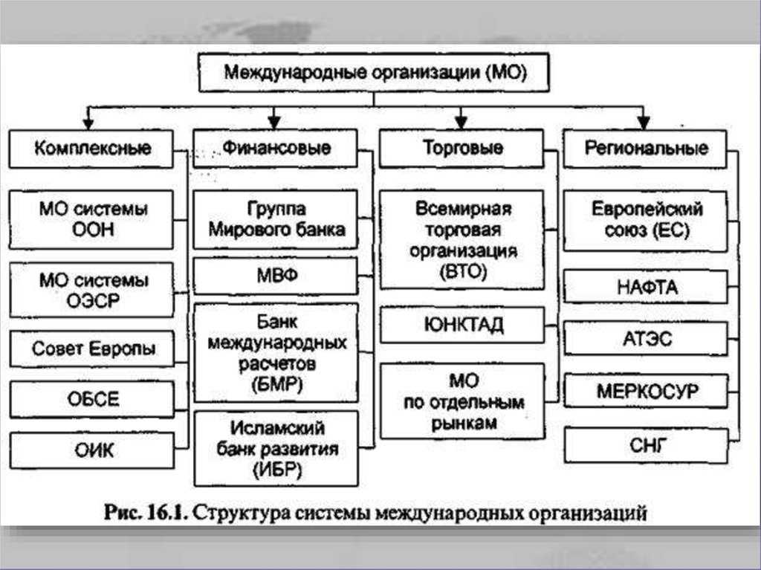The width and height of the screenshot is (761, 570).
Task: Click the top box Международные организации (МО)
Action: (x=374, y=72)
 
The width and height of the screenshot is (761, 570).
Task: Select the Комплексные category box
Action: (x=91, y=149)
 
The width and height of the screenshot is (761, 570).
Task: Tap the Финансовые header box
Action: (x=275, y=148)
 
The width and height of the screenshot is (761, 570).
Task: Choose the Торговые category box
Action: (x=461, y=148)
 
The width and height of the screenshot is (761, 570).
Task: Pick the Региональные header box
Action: (x=645, y=149)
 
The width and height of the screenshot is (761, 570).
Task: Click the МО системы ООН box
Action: (x=91, y=219)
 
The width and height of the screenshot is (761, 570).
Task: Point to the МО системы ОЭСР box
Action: (x=91, y=290)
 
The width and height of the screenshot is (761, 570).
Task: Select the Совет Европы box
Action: (x=91, y=349)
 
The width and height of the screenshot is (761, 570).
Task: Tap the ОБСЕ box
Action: (x=91, y=399)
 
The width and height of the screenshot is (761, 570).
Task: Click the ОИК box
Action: (x=91, y=450)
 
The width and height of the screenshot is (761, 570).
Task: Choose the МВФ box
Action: (x=276, y=276)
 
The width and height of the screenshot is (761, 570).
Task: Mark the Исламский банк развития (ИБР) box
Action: (x=276, y=449)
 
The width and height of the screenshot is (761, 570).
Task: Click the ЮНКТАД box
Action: (x=462, y=324)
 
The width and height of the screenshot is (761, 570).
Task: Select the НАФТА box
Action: (x=646, y=287)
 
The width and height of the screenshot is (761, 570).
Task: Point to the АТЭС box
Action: (x=646, y=338)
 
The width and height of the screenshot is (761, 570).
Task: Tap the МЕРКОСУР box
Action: (x=646, y=390)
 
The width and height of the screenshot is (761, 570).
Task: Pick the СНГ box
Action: (x=647, y=445)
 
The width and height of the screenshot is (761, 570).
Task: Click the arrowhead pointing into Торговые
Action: (x=461, y=123)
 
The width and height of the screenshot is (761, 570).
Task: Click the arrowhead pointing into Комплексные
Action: (x=88, y=123)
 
